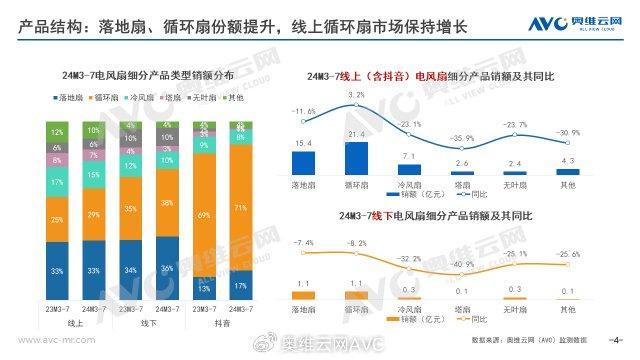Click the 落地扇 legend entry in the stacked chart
point(70,98)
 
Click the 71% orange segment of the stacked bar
point(240,211)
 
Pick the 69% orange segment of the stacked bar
point(203,216)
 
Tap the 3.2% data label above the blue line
point(357,96)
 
